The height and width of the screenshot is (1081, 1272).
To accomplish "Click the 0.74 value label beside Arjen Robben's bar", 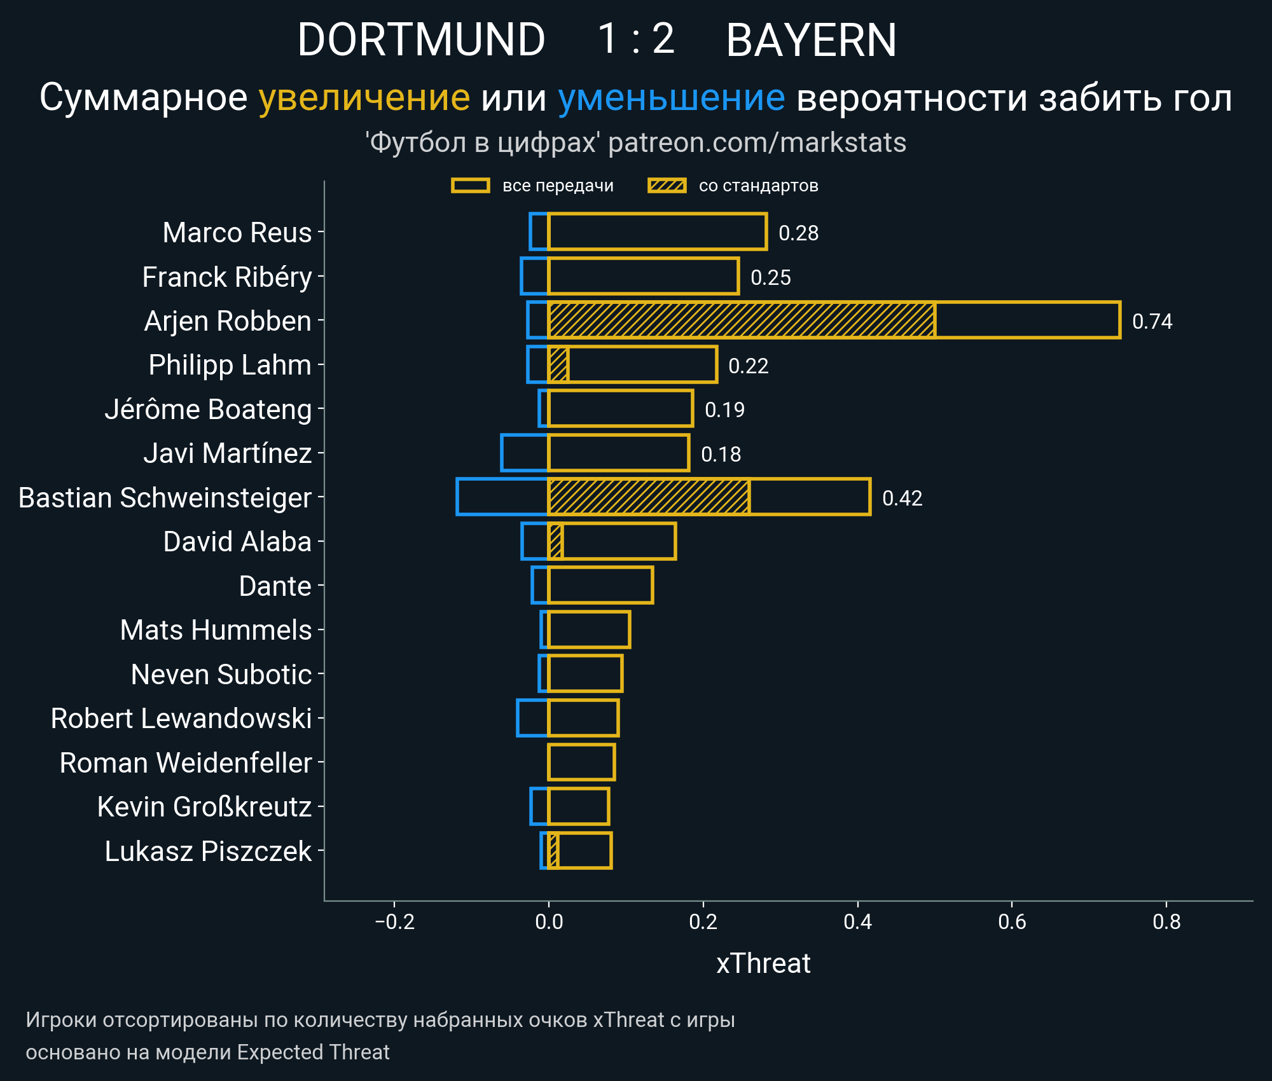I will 1152,321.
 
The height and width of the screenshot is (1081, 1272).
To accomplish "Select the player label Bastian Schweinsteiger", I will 165,498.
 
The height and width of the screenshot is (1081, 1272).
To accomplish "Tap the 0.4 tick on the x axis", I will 857,921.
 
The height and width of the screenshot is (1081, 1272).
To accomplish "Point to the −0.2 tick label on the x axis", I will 394,921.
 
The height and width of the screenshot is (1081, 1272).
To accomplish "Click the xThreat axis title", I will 763,963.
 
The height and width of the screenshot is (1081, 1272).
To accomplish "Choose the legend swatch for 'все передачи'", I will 470,186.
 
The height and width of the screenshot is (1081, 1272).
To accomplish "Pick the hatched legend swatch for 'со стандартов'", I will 667,186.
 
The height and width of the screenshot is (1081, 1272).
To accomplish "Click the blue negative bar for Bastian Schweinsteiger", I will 502,497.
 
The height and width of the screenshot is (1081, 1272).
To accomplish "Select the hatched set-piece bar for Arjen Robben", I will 741,320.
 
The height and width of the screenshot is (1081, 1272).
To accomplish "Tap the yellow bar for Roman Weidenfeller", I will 581,762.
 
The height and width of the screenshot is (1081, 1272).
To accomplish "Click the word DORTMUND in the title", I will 421,39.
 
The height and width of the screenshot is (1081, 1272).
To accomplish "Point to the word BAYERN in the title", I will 811,39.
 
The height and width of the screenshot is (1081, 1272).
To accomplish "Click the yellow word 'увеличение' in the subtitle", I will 364,98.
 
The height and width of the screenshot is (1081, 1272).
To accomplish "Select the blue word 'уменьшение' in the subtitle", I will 671,98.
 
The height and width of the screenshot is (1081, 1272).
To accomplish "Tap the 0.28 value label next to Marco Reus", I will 798,233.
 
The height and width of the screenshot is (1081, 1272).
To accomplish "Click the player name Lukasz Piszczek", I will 208,851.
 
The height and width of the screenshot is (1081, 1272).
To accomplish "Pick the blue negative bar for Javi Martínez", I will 525,453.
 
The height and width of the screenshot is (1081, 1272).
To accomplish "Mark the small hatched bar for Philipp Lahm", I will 558,365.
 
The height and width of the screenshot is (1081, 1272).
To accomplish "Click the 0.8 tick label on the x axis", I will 1166,921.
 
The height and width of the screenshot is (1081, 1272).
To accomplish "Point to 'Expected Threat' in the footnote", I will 313,1052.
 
